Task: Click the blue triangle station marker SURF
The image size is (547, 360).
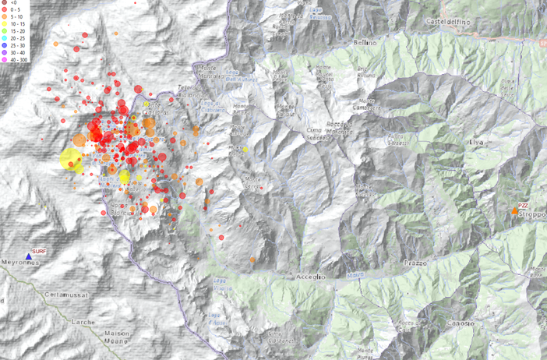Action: tap(29, 255)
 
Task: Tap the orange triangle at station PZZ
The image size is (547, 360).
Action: tap(514, 211)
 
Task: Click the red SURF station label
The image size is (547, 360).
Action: tap(41, 251)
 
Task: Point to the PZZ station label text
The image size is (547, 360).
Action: tap(524, 204)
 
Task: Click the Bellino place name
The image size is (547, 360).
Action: tap(365, 43)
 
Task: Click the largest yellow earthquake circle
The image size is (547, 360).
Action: tap(71, 160)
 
